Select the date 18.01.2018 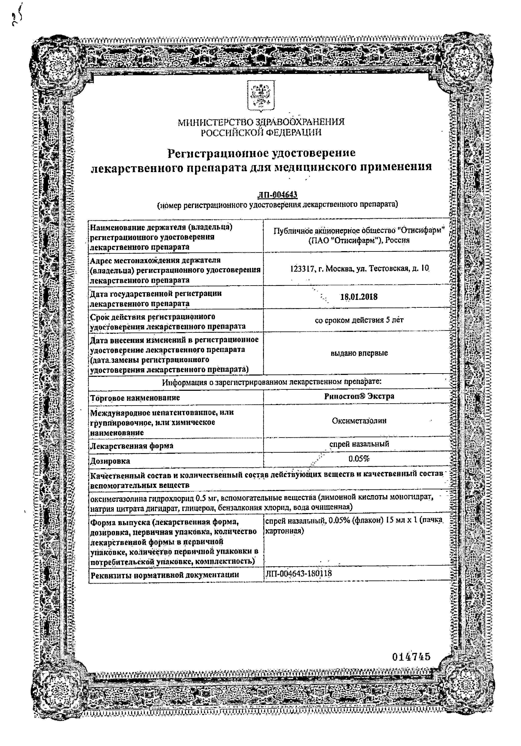[x=359, y=297]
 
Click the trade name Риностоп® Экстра [x=359, y=396]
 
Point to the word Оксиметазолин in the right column [x=359, y=421]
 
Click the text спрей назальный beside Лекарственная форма [x=359, y=444]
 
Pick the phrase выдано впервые [x=359, y=353]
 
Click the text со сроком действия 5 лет [x=359, y=320]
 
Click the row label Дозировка [x=110, y=461]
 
